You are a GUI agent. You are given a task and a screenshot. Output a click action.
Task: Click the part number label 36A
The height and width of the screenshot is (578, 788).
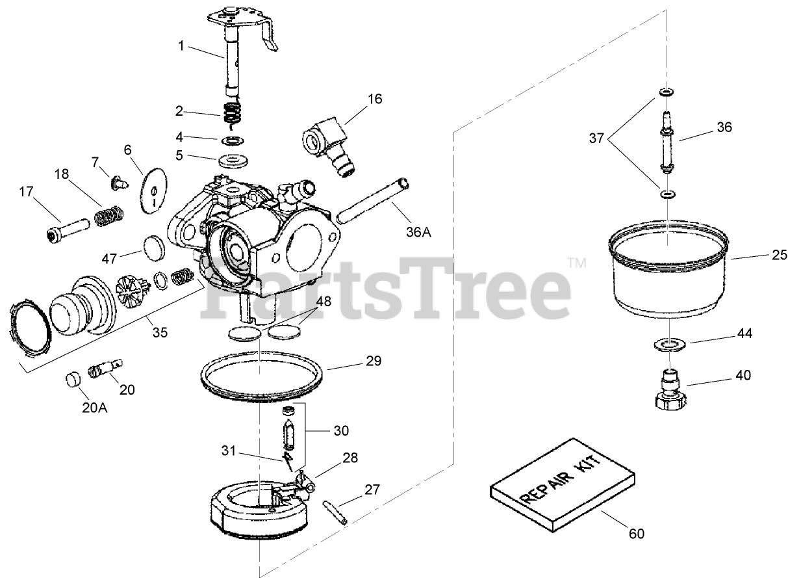(418, 232)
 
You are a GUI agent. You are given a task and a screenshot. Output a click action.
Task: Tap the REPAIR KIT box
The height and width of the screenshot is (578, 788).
(563, 485)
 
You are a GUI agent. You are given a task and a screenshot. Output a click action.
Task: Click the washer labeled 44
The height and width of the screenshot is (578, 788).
(670, 345)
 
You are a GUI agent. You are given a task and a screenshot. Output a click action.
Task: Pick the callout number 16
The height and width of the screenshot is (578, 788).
(375, 99)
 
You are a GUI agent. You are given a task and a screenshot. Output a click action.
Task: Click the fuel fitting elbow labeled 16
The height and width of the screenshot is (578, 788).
(329, 146)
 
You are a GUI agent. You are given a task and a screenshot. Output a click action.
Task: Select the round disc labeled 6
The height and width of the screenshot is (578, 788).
(153, 190)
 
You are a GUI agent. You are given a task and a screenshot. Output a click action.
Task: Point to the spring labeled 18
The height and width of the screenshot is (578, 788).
(109, 217)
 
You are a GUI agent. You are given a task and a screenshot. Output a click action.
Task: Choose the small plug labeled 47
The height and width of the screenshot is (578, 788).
(154, 248)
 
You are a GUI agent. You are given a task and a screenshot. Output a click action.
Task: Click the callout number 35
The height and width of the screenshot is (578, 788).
(160, 332)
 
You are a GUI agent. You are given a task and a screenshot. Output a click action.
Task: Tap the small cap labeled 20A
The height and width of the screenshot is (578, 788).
(73, 380)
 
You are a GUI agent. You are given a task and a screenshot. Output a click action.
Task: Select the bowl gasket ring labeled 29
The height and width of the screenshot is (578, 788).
(262, 376)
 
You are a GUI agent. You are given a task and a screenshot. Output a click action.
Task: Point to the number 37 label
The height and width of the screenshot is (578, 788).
(596, 138)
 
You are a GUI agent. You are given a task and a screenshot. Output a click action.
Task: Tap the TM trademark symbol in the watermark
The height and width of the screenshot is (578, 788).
(577, 263)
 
